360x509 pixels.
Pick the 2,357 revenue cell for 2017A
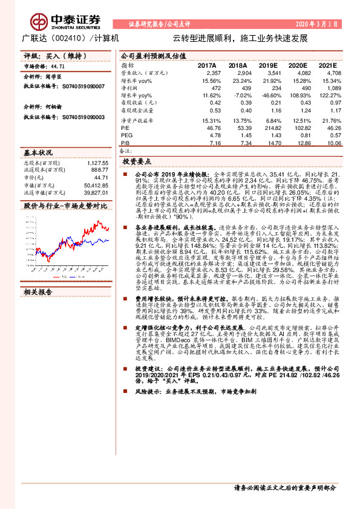(x=207, y=72)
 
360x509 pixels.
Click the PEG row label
(x=126, y=135)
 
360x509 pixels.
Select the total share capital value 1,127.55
(x=97, y=163)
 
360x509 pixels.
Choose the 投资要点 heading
(x=136, y=162)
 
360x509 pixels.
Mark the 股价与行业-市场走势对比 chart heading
(x=65, y=206)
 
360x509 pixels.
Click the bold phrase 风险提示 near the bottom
(x=148, y=392)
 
